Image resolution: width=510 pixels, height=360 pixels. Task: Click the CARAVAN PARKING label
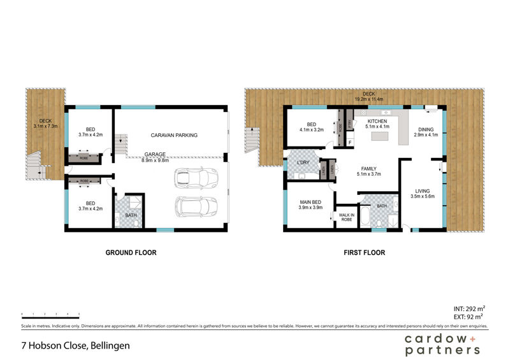[x=174, y=135]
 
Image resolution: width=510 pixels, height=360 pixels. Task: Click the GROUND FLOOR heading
[x=131, y=253]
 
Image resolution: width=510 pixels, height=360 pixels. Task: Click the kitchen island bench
[x=381, y=136]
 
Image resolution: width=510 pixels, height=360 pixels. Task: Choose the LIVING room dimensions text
[x=422, y=197]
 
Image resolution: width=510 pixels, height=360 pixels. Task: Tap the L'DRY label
[x=303, y=164]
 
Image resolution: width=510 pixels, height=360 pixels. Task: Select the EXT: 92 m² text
[x=469, y=316]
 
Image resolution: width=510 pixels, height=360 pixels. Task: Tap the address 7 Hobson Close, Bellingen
[x=75, y=346]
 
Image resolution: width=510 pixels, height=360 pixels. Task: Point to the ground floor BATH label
[x=131, y=215]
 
